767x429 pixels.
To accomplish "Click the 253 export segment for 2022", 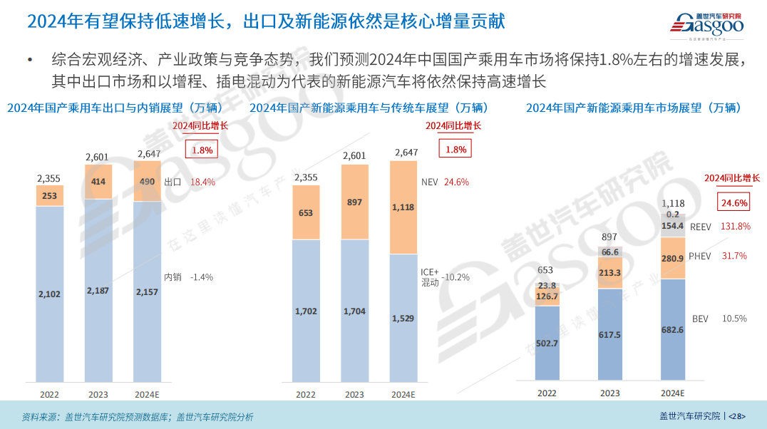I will [x=49, y=196].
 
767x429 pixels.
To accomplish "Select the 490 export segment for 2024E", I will [x=147, y=182].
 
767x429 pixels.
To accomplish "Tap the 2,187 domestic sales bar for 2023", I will [x=98, y=290].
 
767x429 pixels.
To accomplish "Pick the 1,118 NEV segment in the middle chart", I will [x=403, y=207].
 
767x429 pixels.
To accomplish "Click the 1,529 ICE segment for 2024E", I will [x=403, y=318].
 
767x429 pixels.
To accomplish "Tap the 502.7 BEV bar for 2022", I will [x=547, y=343].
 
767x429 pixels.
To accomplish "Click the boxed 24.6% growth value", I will [x=734, y=203].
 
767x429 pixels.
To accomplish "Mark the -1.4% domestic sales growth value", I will [x=202, y=277].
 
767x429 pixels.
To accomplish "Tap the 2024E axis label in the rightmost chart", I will [x=672, y=393].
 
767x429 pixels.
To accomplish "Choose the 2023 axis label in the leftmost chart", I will [x=98, y=394].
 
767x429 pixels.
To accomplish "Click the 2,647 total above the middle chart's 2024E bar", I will [x=403, y=153].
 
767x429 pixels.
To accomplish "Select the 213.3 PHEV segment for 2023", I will [x=609, y=272].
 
